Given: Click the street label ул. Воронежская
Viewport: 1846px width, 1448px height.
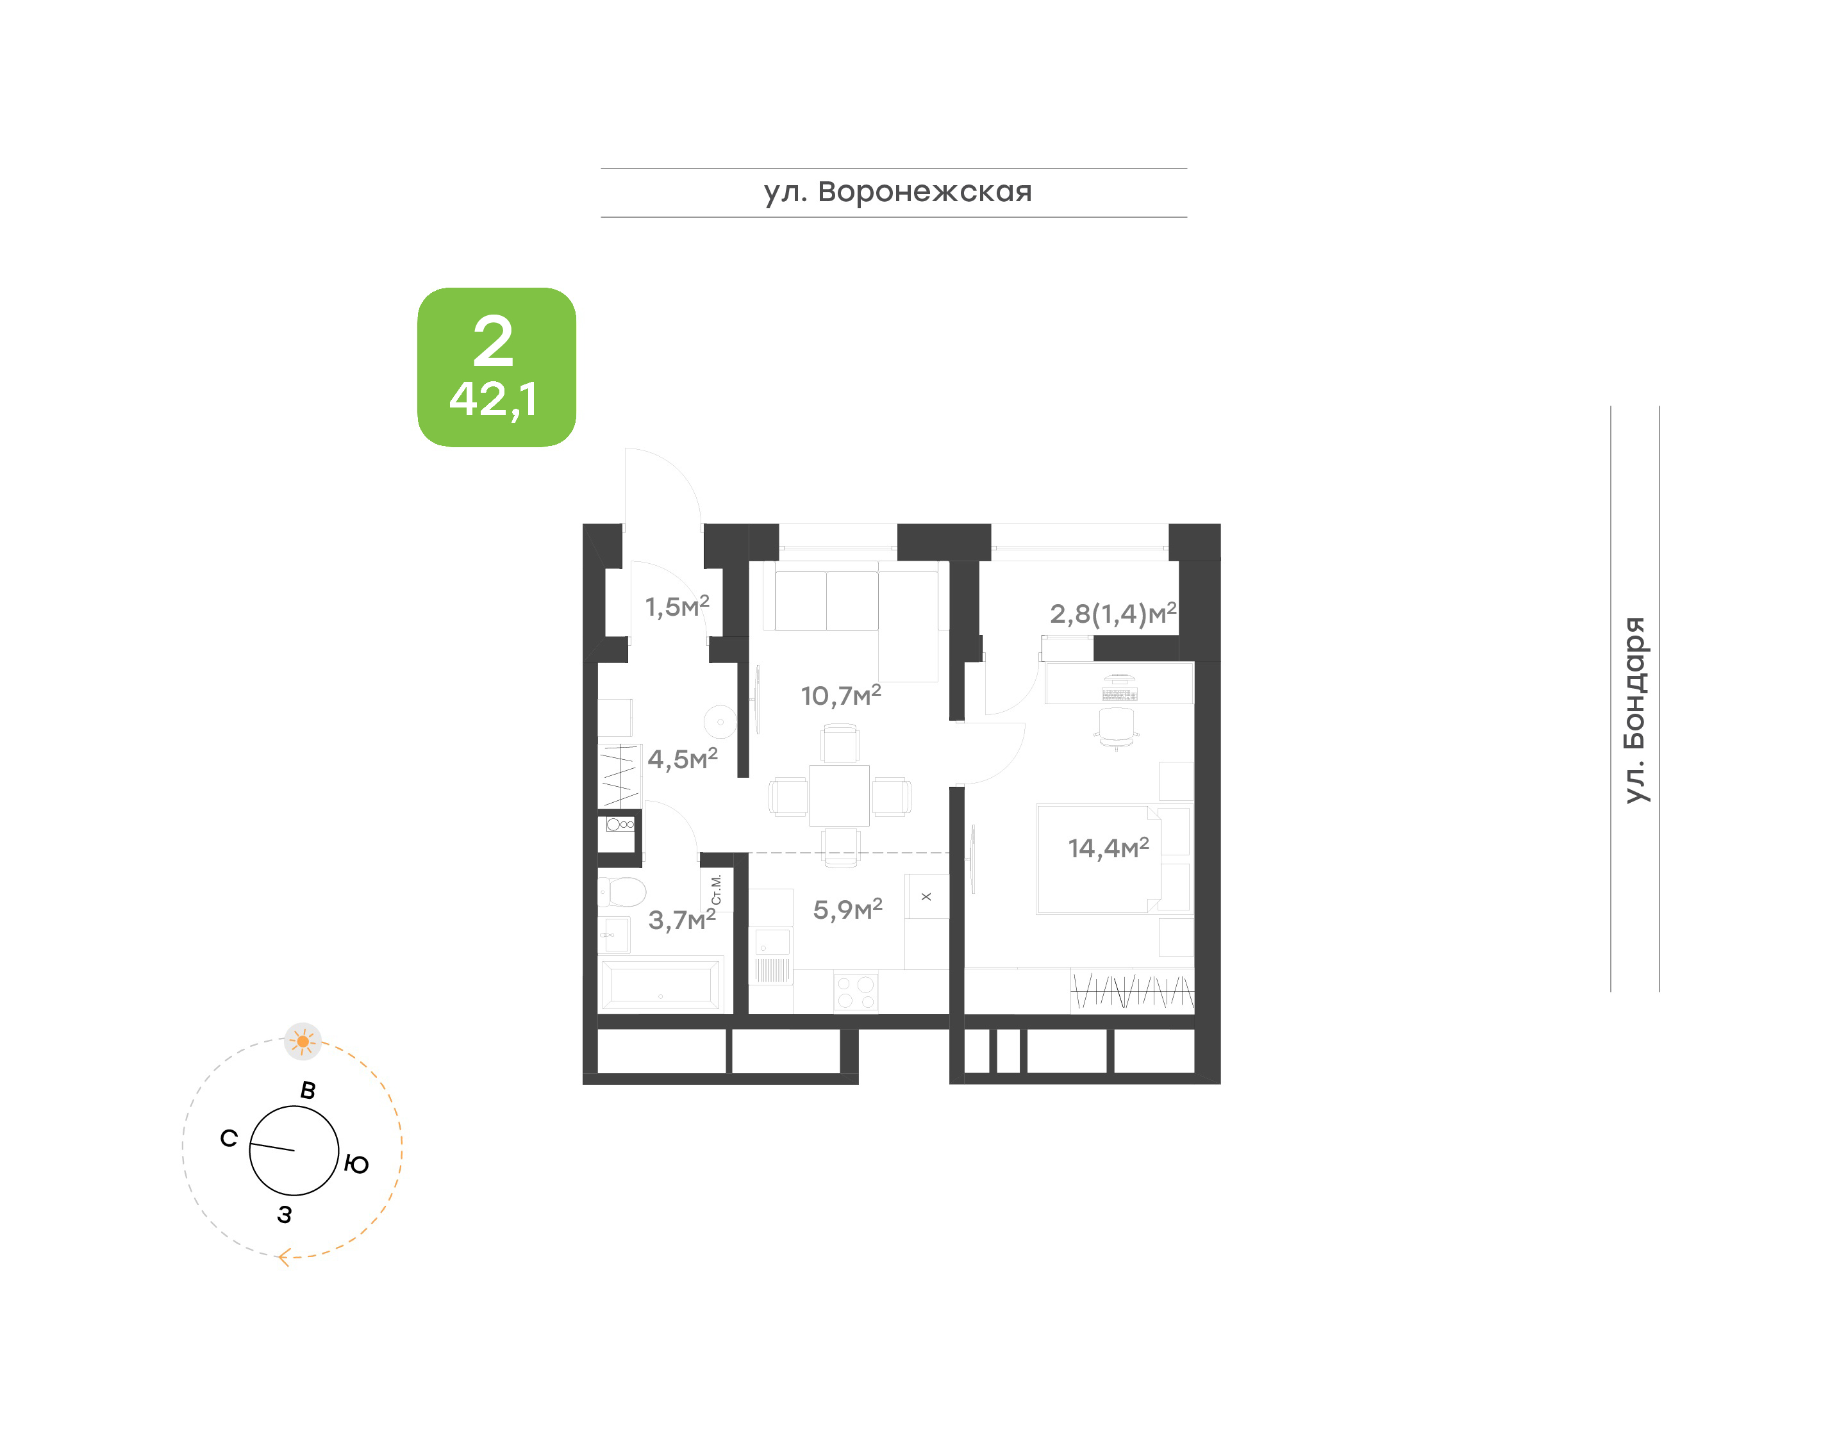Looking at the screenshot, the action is (897, 192).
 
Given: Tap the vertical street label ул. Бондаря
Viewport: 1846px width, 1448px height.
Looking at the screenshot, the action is (1635, 710).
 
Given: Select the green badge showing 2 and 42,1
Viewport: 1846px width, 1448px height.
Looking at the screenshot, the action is (496, 367).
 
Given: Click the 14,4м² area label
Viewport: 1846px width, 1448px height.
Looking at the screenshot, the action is (1108, 847).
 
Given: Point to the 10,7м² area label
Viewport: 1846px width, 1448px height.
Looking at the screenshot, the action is (841, 695).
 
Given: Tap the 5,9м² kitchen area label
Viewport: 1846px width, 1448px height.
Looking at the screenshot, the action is (848, 909).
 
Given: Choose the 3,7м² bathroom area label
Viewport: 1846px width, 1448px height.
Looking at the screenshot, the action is (682, 919).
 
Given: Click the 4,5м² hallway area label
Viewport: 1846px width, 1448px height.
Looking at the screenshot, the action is (683, 758).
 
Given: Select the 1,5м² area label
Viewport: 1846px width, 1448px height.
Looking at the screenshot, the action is (677, 606).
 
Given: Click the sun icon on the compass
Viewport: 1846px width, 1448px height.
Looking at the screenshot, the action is (303, 1041).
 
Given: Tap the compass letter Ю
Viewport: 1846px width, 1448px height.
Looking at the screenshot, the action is (357, 1164).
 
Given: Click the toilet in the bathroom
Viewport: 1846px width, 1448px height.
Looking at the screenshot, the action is (622, 891).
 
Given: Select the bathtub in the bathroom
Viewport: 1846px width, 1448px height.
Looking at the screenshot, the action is (661, 984).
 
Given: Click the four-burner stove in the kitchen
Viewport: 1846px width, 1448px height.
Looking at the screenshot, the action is (856, 992).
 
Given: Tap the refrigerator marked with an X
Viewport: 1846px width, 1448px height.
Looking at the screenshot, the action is (926, 896).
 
